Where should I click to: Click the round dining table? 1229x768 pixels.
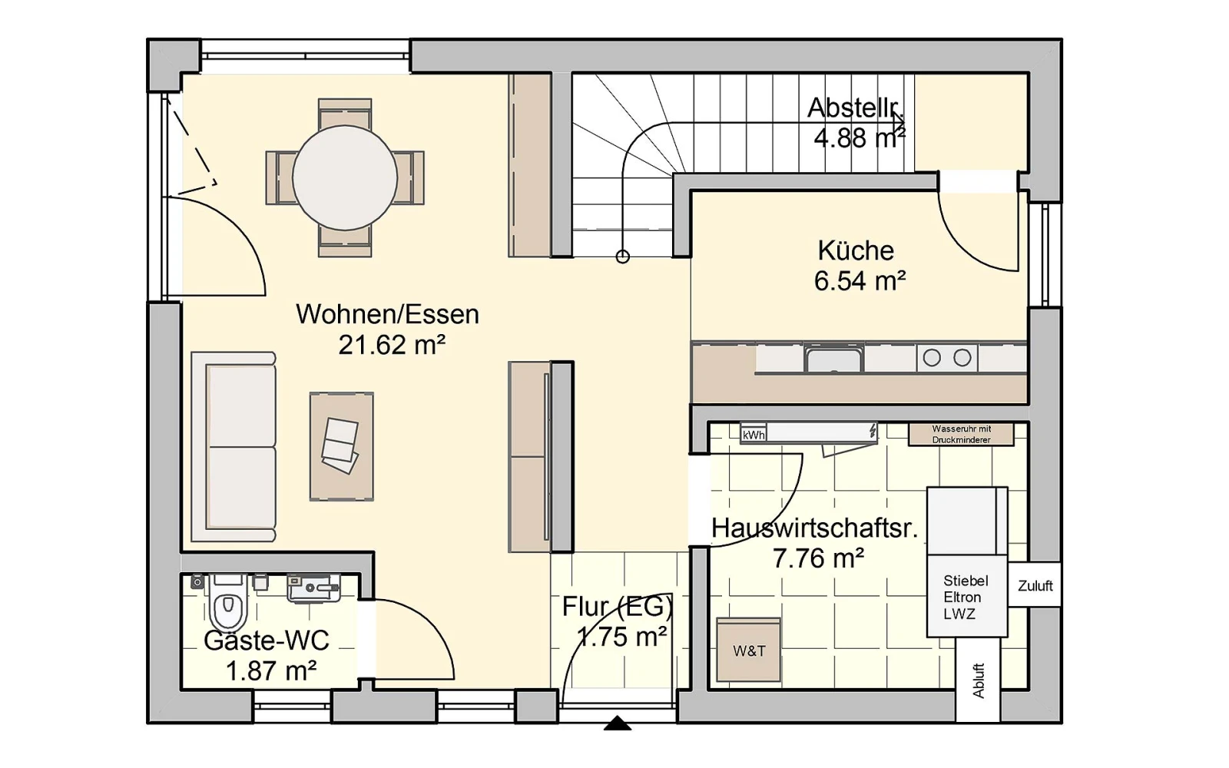point(345,177)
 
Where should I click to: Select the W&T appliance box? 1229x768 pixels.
point(748,650)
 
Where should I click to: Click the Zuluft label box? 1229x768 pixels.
point(1035,586)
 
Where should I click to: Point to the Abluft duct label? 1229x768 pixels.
point(979,680)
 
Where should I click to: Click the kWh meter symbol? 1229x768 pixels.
point(754,435)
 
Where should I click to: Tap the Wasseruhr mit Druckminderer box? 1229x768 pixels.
point(961,435)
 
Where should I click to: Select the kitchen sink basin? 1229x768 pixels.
point(834,359)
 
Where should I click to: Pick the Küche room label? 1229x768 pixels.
point(856,250)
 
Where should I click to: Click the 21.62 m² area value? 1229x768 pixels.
point(392,345)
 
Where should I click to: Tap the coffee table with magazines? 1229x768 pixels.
point(341,446)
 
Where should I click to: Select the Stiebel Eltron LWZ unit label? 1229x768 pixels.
point(966,598)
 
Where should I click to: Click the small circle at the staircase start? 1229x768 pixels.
point(623,257)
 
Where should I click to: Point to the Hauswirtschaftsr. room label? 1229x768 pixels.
point(814,528)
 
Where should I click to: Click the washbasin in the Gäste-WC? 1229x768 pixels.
point(314,588)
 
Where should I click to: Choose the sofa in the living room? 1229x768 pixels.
point(234,447)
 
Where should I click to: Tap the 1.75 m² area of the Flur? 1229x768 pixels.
point(621,637)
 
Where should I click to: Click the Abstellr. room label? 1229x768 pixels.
point(856,108)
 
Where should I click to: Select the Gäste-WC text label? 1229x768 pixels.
point(266,641)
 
